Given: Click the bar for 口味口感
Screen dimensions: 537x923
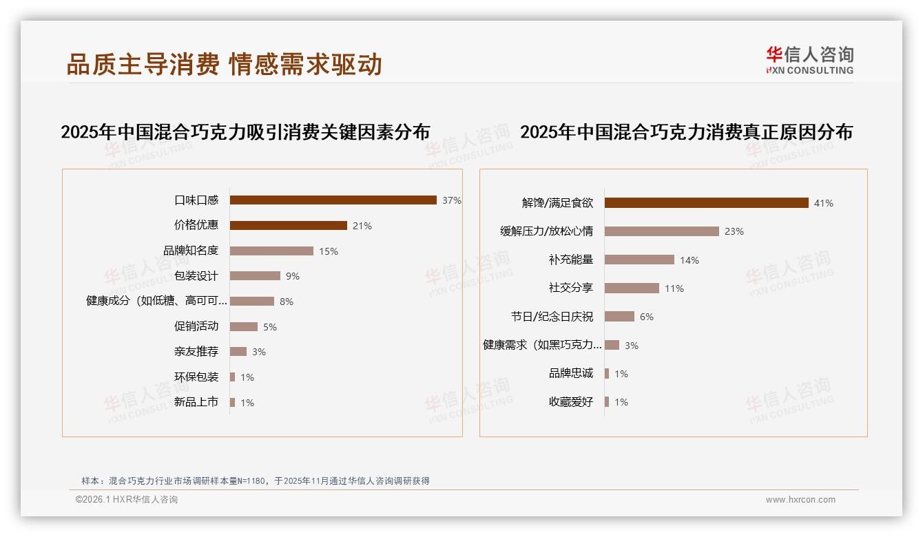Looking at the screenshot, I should click(x=333, y=200).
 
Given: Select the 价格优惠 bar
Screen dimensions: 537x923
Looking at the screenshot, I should click(x=288, y=226).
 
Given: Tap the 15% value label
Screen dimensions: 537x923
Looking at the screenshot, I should click(x=328, y=251).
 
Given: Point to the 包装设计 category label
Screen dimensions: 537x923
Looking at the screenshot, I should click(x=196, y=276).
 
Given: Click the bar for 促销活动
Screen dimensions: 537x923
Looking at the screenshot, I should click(x=243, y=327).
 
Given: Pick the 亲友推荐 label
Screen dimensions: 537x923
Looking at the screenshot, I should click(x=196, y=352).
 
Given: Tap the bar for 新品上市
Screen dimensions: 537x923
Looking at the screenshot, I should click(x=233, y=402).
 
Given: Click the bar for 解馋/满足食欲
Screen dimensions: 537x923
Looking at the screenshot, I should click(x=706, y=203).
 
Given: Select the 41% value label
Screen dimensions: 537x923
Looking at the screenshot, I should click(x=823, y=203).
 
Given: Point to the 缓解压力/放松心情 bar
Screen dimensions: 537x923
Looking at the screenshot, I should click(x=661, y=231).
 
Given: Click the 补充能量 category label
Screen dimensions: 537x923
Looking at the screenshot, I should click(x=571, y=260).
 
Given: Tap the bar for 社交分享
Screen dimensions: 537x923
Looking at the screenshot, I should click(x=632, y=288).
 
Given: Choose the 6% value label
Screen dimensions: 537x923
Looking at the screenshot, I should click(x=646, y=317).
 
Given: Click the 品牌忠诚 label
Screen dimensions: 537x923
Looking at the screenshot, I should click(x=571, y=373).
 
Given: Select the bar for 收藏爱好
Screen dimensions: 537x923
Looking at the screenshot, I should click(x=607, y=402).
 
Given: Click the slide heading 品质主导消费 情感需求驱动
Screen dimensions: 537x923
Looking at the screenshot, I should click(x=225, y=64).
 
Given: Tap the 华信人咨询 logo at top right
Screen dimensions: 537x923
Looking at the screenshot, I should click(x=809, y=60).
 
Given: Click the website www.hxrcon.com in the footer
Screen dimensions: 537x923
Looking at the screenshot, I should click(x=800, y=500).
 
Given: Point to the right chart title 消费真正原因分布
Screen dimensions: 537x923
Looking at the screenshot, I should click(x=686, y=131).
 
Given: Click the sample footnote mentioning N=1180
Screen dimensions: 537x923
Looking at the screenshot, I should click(x=256, y=481).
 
